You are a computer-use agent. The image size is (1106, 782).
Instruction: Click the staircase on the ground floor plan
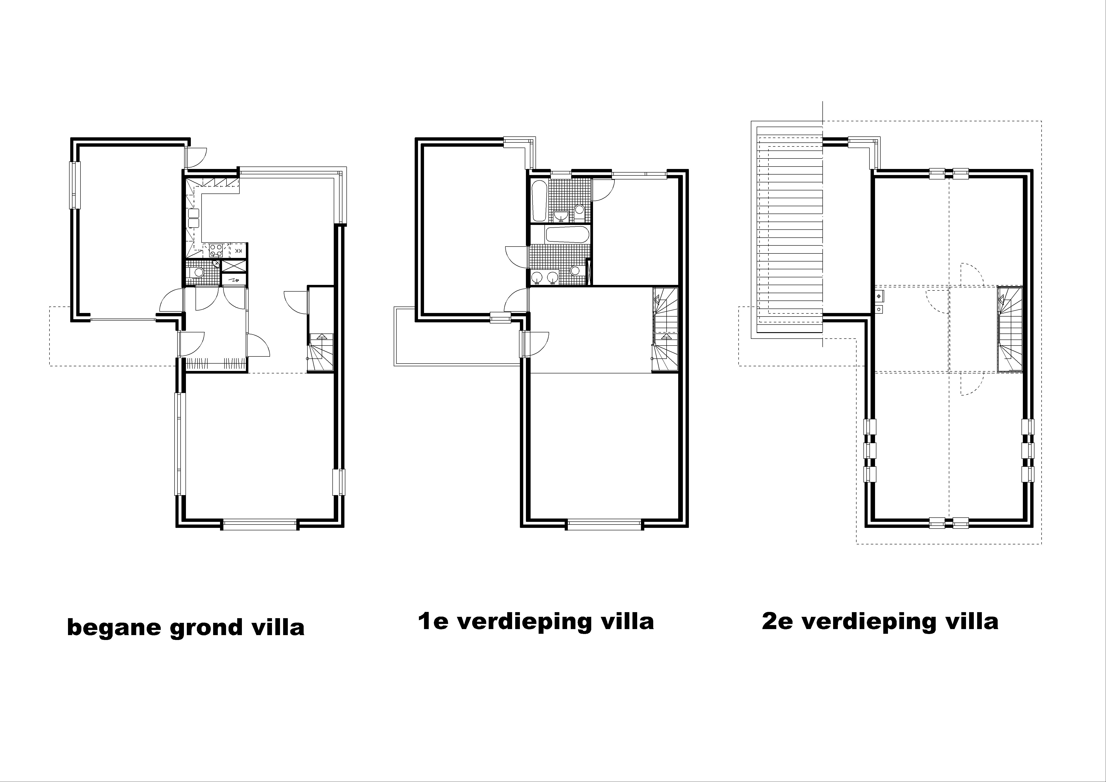(320, 353)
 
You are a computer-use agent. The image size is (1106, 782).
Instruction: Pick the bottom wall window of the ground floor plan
(260, 525)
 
